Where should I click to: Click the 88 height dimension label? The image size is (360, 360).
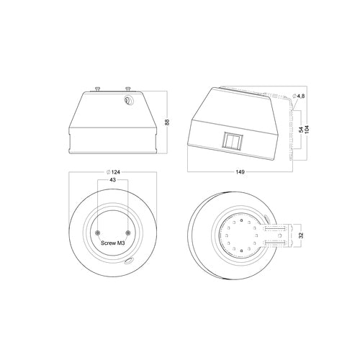tap(168, 122)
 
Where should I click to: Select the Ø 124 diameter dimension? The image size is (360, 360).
tap(114, 172)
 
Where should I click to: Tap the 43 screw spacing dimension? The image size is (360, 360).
tap(112, 180)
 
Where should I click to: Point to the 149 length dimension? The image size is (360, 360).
tap(240, 172)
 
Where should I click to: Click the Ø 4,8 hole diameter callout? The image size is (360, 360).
tap(298, 96)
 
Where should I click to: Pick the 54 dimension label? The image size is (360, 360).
tap(301, 130)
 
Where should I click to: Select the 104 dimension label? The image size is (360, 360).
tap(307, 129)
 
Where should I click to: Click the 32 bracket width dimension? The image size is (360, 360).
tap(302, 235)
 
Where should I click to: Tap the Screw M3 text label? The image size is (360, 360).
tap(113, 243)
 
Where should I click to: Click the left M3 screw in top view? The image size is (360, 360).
tap(98, 233)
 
